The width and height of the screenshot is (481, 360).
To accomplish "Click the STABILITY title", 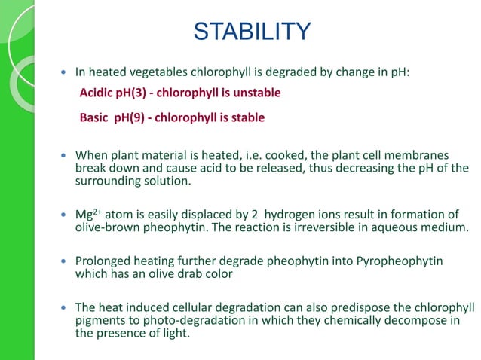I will tap(252, 32).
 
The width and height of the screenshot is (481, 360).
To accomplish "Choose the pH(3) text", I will tap(138, 93).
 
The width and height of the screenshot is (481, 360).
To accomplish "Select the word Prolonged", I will tap(103, 261).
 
